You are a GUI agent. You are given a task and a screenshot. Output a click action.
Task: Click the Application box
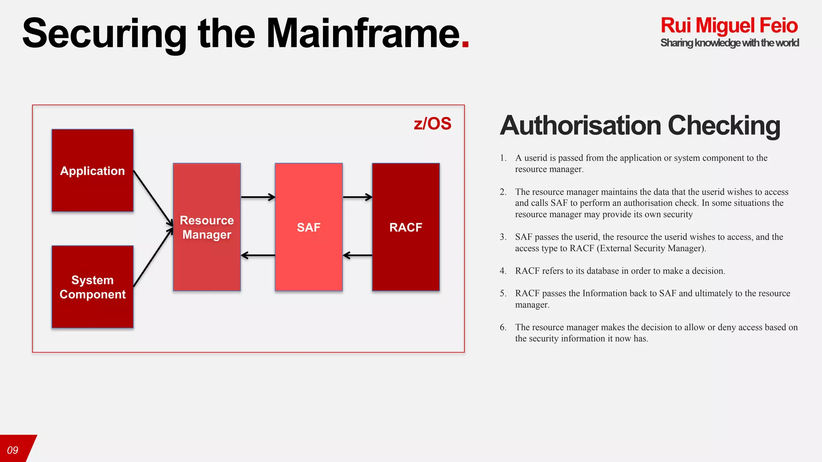92,170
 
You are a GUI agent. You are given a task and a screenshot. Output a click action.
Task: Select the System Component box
92,287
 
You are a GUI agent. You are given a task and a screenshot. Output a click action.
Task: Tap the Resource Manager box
207,227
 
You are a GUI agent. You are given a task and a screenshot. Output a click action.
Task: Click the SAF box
308,227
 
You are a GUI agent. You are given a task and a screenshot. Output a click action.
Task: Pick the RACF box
405,227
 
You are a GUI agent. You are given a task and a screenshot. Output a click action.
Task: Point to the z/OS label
432,124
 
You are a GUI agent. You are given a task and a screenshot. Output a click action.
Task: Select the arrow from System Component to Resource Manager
153,258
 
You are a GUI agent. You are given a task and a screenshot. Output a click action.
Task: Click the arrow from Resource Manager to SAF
258,197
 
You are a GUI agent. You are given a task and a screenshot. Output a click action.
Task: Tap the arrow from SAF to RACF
357,197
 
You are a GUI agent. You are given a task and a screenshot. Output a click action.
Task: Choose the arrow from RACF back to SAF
357,255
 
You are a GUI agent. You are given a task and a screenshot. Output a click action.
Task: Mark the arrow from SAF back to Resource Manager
258,255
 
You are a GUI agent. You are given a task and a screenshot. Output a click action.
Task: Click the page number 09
13,450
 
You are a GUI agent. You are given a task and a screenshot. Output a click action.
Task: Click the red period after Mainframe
465,44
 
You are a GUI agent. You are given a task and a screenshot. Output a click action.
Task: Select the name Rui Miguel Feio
729,25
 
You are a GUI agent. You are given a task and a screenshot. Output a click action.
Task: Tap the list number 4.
503,271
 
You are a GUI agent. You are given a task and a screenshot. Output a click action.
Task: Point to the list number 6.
503,327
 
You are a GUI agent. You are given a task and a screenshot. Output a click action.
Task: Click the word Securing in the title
104,34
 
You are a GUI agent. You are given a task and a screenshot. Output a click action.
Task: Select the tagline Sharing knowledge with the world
729,43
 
